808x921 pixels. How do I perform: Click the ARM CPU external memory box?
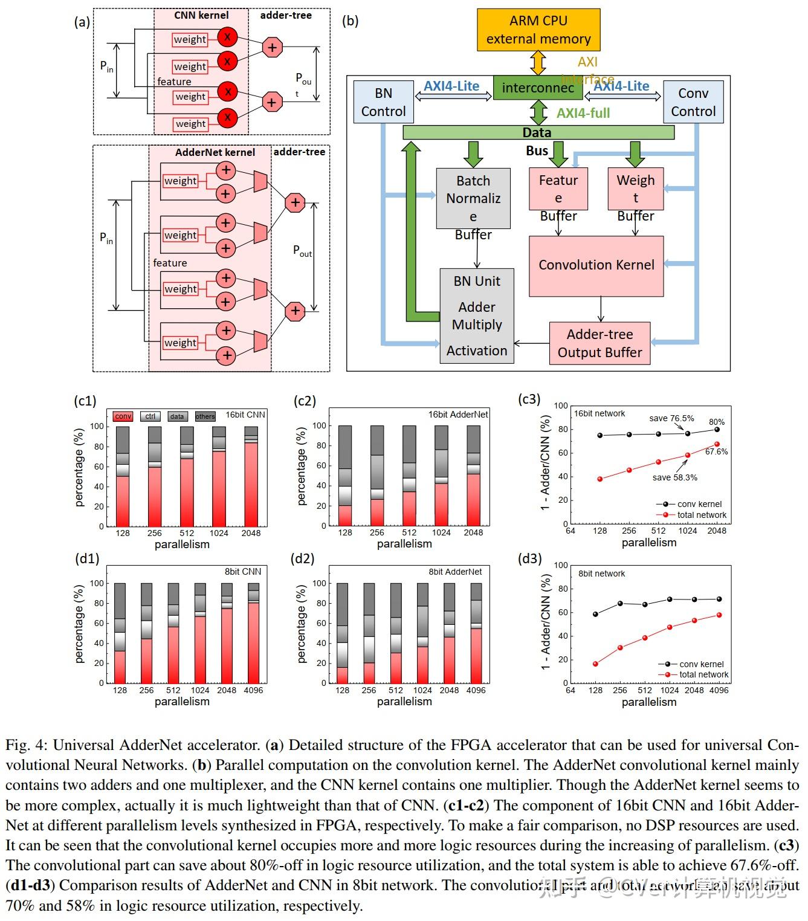[538, 30]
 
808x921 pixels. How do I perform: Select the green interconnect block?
[537, 88]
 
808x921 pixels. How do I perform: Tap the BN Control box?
[383, 102]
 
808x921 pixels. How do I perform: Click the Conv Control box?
[693, 102]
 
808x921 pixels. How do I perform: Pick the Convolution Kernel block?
[596, 265]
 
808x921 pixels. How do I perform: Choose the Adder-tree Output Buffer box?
[600, 343]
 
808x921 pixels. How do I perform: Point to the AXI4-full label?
[583, 113]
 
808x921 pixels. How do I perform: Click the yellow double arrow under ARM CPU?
[538, 63]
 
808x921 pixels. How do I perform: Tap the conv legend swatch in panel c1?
[123, 416]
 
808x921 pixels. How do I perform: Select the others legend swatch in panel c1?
[205, 416]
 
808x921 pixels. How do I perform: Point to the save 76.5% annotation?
[671, 418]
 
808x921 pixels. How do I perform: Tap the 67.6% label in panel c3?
[716, 451]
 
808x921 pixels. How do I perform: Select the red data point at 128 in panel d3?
[596, 664]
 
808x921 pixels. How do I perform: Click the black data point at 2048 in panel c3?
[717, 430]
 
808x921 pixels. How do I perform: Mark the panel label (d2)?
[303, 558]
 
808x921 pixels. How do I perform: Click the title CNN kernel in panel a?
[201, 15]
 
